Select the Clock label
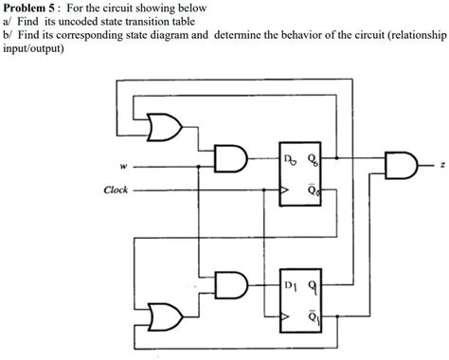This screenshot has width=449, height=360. [116, 189]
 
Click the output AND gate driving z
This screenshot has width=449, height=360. [401, 163]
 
